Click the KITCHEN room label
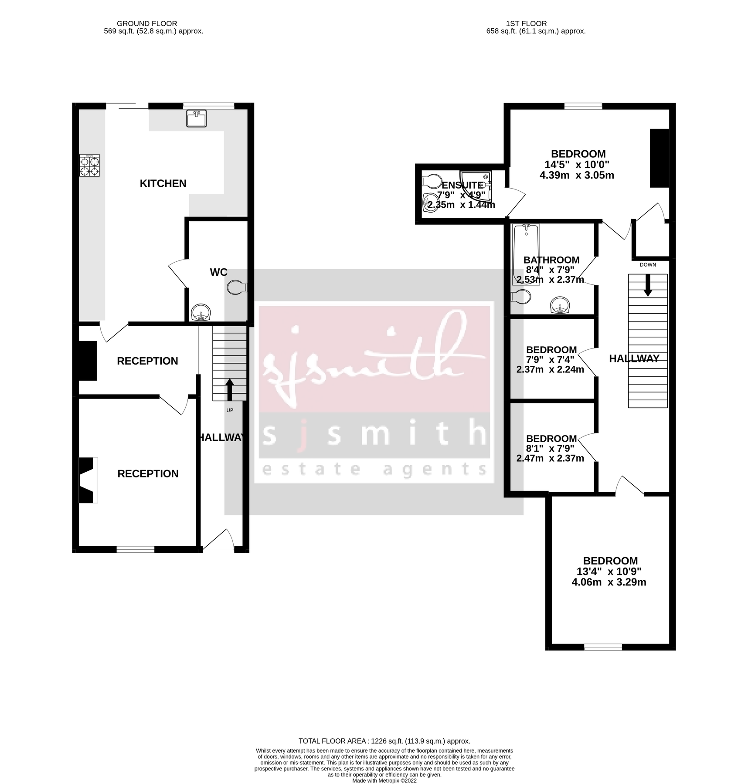coord(163,183)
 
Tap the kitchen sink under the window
coord(196,118)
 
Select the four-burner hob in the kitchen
coord(89,166)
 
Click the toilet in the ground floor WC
coord(237,287)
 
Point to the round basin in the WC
coord(201,312)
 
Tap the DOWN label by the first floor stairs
coord(648,264)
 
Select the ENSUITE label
coord(462,185)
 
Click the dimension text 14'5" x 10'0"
coord(577,165)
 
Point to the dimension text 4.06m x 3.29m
coord(609,582)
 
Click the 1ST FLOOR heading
coord(526,24)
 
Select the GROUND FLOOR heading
coord(147,24)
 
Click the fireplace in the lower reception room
coord(86,480)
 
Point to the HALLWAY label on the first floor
coord(634,358)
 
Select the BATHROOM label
coord(551,260)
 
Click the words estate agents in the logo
coord(374,470)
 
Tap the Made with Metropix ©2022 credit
coord(384,781)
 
